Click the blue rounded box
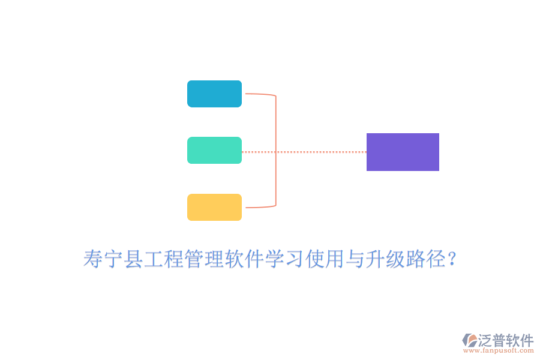[214, 94]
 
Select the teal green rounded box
[214, 150]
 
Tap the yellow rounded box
[214, 207]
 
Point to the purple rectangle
[403, 152]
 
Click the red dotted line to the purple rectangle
[304, 152]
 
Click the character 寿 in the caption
[93, 259]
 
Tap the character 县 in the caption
[133, 259]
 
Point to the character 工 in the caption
[153, 259]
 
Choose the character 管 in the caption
[194, 259]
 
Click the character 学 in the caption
[274, 259]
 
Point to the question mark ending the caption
[451, 259]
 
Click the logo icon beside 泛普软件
[470, 340]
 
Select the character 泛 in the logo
[485, 340]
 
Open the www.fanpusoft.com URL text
[498, 350]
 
